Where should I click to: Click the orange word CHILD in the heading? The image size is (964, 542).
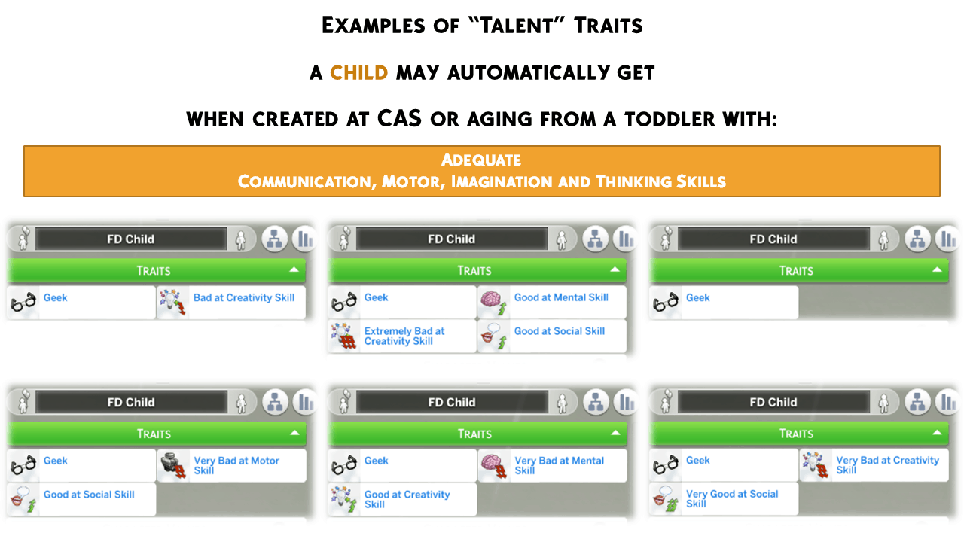359,73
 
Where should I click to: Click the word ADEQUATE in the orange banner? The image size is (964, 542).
481,160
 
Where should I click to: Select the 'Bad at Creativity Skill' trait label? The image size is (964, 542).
244,297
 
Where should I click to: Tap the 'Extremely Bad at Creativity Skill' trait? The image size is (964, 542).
404,336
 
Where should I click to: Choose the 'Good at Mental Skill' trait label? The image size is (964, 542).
561,297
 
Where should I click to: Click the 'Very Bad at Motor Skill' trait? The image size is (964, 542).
236,465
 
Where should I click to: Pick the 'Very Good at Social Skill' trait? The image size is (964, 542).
731,498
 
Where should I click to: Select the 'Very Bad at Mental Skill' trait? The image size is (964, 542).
559,465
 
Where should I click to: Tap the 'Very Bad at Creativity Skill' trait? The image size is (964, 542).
887,465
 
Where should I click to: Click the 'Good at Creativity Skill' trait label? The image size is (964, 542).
407,499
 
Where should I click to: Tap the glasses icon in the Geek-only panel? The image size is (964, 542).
665,303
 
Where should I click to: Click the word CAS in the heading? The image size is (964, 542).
399,118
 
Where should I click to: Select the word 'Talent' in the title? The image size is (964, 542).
516,26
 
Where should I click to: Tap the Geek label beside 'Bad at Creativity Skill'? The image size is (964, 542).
56,297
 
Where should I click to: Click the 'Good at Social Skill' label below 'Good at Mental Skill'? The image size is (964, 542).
560,331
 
